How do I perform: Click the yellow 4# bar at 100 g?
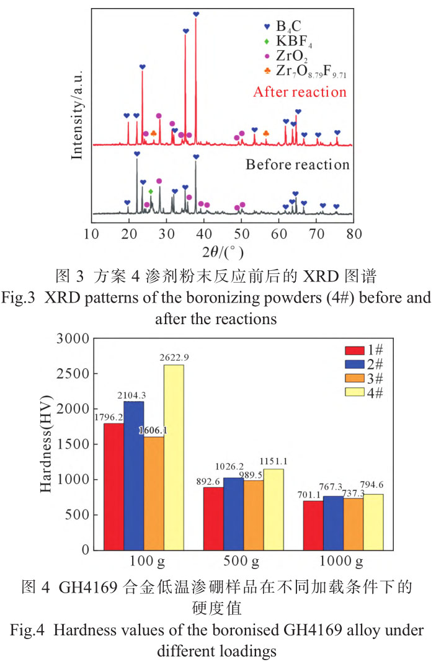pos(174,457)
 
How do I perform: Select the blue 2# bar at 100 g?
pos(133,475)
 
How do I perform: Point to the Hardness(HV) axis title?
pos(47,444)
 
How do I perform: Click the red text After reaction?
pos(300,92)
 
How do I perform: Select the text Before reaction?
pos(298,165)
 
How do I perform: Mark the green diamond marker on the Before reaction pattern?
pos(151,192)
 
